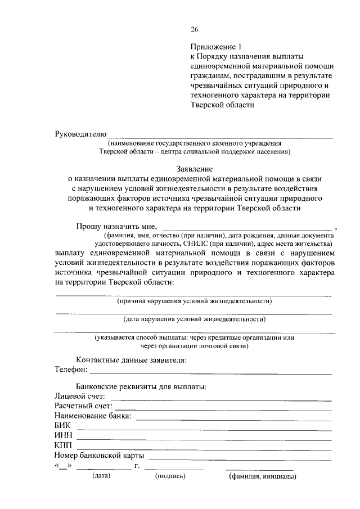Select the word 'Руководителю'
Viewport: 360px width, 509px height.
pos(80,134)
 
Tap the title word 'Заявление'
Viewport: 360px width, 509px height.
pos(194,168)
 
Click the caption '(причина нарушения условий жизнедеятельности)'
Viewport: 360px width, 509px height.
pos(194,301)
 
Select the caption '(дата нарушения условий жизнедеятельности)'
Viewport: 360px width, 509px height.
pos(194,319)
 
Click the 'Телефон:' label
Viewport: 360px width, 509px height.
pos(71,370)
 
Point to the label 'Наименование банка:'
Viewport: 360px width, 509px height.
pos(93,416)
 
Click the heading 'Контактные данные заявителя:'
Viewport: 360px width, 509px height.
pos(131,359)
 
